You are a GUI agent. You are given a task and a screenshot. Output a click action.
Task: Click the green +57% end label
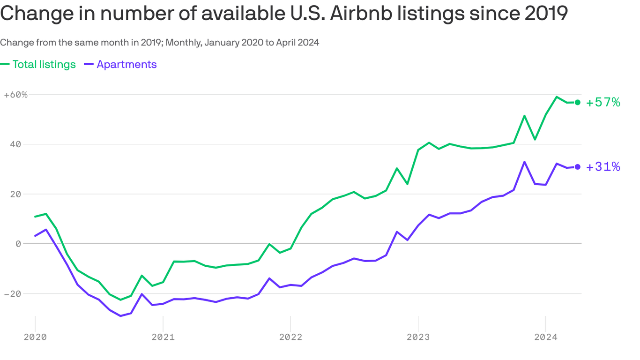[603, 102]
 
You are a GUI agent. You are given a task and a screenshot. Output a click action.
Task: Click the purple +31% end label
[603, 167]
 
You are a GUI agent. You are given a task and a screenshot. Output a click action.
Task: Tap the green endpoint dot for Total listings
[578, 102]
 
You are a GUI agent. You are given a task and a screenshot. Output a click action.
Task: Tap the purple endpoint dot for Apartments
[578, 167]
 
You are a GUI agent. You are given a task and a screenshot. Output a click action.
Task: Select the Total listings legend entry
[38, 64]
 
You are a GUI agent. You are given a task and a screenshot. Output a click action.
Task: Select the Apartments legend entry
[121, 64]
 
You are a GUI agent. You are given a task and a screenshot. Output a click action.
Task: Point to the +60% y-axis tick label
[15, 95]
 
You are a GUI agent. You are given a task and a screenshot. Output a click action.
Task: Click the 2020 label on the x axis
[35, 337]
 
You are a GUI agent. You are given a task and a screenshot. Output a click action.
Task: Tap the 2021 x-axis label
[163, 337]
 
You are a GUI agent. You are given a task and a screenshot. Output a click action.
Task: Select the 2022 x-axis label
[290, 337]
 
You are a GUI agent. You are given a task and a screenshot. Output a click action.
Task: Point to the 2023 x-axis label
[418, 337]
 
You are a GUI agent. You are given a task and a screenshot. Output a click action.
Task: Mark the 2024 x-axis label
[546, 337]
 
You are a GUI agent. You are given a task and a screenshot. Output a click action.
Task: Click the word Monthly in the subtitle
[183, 42]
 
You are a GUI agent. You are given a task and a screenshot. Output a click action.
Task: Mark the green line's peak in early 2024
[556, 97]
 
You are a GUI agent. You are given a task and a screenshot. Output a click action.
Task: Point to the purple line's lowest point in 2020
[120, 316]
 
